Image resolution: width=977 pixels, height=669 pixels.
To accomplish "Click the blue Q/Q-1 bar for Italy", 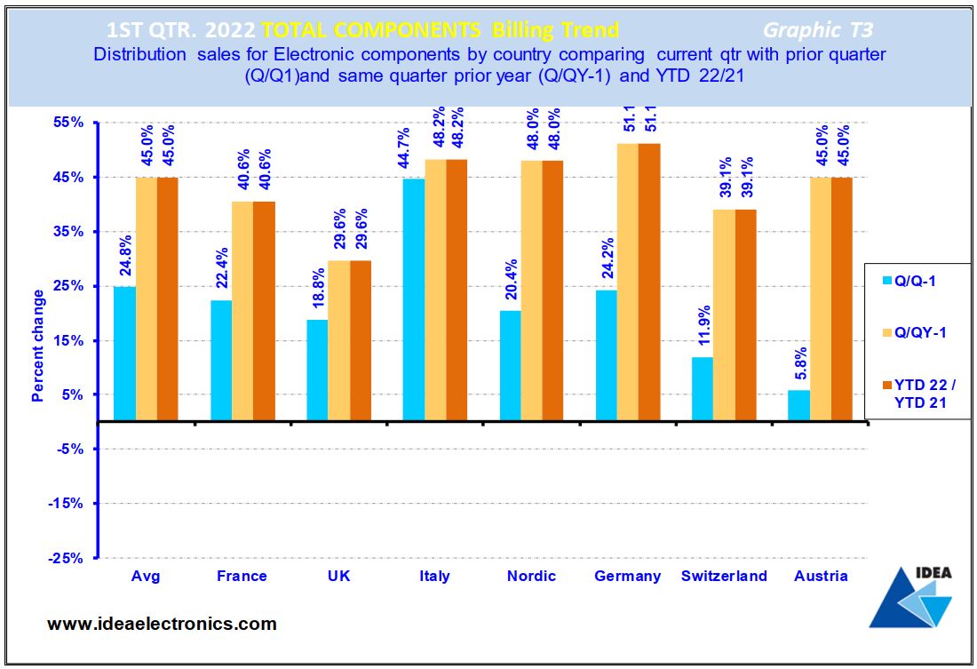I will tap(413, 300).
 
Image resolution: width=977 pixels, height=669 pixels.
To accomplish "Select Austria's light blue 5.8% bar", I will tap(798, 405).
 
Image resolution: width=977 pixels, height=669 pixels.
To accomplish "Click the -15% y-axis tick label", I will tap(68, 504).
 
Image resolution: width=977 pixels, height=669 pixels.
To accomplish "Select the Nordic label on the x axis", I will tap(531, 576).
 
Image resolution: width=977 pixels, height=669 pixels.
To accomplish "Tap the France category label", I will tap(242, 576).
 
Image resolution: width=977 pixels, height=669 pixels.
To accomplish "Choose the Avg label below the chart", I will tap(146, 576).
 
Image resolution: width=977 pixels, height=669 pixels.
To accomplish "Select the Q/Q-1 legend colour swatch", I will tap(878, 282).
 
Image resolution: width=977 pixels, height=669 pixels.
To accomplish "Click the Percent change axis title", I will tap(38, 345).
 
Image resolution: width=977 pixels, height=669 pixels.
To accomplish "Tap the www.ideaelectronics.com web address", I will tap(161, 624).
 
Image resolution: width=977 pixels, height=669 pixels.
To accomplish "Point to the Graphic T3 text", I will tap(817, 30).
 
